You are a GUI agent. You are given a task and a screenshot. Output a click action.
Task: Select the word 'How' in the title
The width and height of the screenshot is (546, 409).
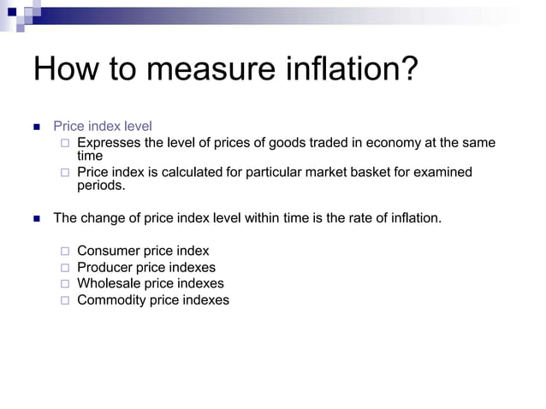pos(63,69)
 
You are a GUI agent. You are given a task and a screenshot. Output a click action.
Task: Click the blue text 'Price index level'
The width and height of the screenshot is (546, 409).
pos(103,127)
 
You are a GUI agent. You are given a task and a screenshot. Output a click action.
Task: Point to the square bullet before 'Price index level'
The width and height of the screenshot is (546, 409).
pos(36,127)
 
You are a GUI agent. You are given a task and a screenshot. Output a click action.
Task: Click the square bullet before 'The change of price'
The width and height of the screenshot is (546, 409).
pos(36,219)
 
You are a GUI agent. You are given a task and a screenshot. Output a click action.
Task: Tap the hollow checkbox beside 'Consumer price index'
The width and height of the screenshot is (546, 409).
pos(65,252)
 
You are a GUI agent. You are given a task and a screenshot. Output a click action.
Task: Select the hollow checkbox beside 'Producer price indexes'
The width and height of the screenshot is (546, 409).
pos(65,268)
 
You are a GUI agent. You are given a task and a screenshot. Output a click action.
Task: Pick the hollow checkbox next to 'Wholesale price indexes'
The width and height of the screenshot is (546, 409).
pos(65,284)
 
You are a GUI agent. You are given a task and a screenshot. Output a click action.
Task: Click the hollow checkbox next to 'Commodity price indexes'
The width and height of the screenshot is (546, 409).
pos(65,300)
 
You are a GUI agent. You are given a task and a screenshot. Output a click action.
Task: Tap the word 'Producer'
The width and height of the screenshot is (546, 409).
pos(105,267)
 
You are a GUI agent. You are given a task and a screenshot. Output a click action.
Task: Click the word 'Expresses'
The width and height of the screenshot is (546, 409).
pos(108,143)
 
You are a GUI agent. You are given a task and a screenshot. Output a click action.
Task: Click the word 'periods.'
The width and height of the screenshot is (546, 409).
pos(101,185)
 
